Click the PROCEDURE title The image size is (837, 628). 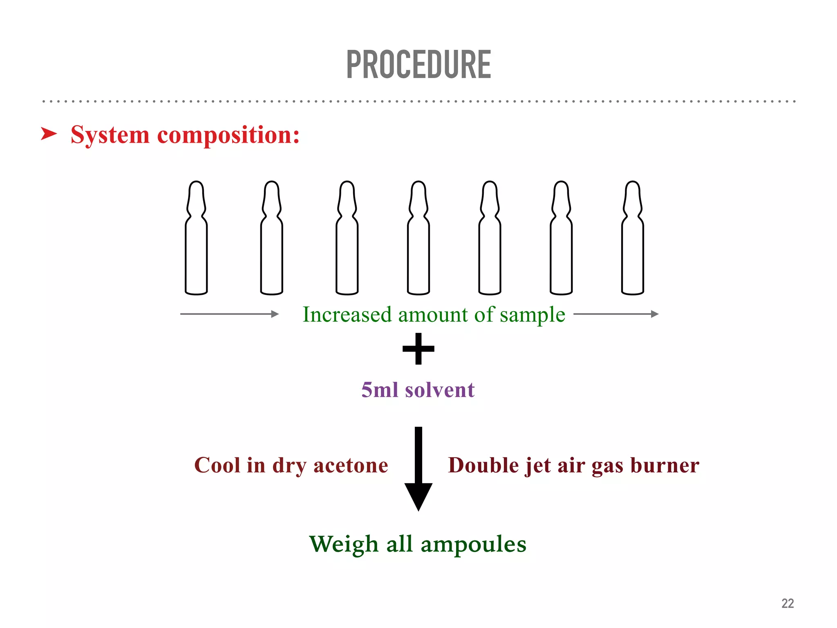tap(418, 65)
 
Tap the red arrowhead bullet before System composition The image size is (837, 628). tap(49, 134)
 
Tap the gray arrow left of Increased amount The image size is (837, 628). tap(229, 314)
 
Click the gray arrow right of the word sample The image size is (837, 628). tap(616, 314)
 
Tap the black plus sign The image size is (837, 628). tap(418, 349)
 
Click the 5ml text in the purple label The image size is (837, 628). tap(380, 390)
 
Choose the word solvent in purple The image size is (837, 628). tap(440, 390)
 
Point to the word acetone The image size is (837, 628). tap(351, 466)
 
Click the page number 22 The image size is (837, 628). tap(788, 603)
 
